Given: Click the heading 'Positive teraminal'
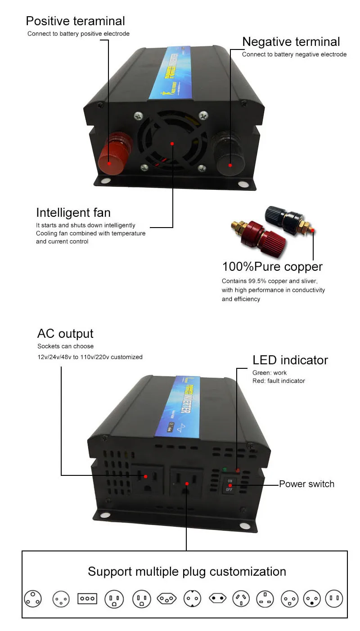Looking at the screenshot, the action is coord(75,21).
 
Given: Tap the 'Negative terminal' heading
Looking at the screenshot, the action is coord(291,42).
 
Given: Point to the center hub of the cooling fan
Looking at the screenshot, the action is coord(172,143).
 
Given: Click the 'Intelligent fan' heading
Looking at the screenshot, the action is coord(73,212).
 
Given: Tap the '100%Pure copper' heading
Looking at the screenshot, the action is coord(272,267).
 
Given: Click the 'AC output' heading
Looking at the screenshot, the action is coord(65,334).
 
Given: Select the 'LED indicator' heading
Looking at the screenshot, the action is coord(290,360).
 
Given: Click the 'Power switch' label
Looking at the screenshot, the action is coord(306,484).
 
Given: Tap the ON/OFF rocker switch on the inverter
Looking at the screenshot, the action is coord(229,485).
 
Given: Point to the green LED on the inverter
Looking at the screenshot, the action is coord(224,470).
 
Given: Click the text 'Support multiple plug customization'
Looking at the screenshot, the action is coord(187,572).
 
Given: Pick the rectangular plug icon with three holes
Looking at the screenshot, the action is coord(87,599).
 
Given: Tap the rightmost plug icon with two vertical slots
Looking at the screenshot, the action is coord(334,599).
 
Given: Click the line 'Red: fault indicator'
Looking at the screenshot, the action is coord(279,381).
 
